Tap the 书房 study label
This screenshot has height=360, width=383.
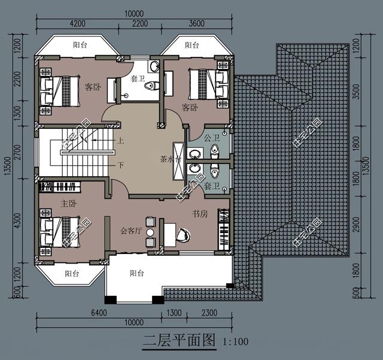199,213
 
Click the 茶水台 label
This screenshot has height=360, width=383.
168,159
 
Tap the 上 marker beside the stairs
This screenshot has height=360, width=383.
121,142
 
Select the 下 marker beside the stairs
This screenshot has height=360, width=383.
121,165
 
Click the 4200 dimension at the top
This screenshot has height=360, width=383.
78,23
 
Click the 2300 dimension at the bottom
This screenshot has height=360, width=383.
209,312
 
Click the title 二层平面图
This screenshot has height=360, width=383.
179,341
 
